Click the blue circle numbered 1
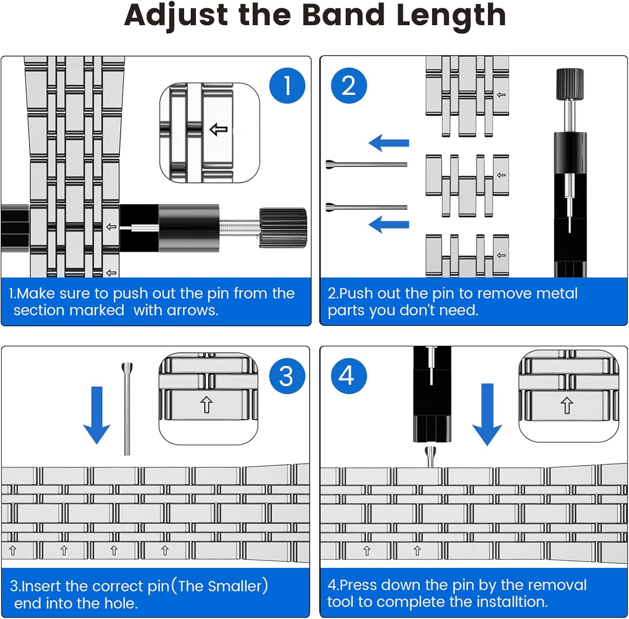(x=287, y=85)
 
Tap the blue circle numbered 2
(x=348, y=85)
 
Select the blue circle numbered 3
(x=287, y=376)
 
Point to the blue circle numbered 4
(x=348, y=376)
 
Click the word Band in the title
(x=343, y=15)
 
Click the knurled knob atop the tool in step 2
(x=569, y=84)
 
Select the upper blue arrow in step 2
(x=389, y=143)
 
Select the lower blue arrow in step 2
(x=389, y=224)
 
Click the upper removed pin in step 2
(x=366, y=164)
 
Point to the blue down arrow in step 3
(x=96, y=415)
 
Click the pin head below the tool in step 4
(x=431, y=455)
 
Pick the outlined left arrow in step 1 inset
(x=218, y=129)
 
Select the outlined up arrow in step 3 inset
(x=206, y=405)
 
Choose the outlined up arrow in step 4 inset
(x=567, y=405)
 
